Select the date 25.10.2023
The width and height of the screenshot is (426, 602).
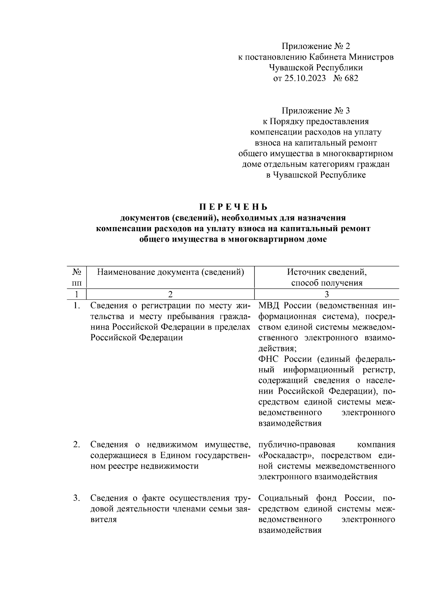(x=305, y=78)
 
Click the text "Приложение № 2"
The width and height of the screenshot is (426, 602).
(x=316, y=46)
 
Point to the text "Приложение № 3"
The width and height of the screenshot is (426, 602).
(x=316, y=111)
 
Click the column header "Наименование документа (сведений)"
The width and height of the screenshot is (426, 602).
(x=171, y=272)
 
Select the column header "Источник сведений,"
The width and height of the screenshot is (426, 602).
(x=327, y=272)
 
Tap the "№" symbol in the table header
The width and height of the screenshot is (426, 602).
(x=77, y=272)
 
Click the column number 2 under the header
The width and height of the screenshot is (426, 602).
(x=170, y=294)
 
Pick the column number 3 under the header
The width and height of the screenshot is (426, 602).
(x=327, y=294)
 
